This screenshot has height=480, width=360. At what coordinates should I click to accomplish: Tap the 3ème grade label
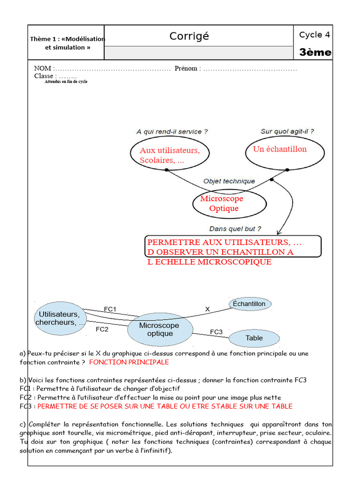click(315, 52)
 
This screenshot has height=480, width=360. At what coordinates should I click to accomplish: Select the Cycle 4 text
click(315, 35)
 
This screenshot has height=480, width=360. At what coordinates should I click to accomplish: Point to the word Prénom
click(186, 68)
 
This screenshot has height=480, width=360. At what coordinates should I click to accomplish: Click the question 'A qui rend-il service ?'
click(172, 132)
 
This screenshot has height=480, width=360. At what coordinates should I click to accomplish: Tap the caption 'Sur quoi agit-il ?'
click(287, 132)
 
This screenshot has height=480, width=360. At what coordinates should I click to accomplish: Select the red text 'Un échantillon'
click(280, 149)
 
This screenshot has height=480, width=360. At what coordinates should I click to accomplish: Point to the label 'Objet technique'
click(229, 181)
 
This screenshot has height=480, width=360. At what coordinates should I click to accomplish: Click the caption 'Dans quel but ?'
click(234, 229)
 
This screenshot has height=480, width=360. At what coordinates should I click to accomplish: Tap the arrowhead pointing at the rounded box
click(279, 232)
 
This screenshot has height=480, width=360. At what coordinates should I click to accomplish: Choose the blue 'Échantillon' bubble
click(250, 304)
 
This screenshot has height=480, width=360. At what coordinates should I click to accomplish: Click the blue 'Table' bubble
click(254, 338)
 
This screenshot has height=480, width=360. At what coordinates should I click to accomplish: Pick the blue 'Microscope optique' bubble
click(160, 330)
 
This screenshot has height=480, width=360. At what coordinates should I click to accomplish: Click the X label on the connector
click(208, 309)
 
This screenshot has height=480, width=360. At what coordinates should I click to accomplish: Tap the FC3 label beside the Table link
click(216, 332)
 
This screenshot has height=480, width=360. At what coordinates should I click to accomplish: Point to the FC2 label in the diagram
click(102, 329)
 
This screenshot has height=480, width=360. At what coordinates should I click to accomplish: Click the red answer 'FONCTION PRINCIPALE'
click(129, 362)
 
